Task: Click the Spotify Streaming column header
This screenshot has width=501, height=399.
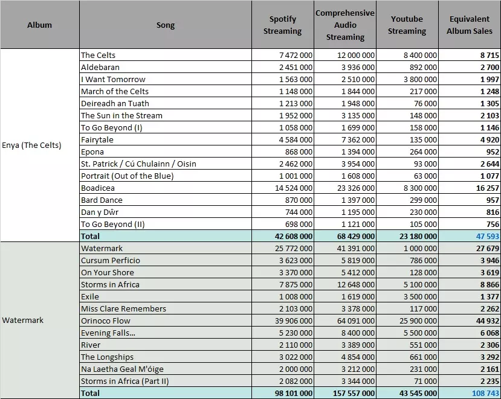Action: pos(282,25)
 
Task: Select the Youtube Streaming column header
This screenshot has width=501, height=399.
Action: pos(407,25)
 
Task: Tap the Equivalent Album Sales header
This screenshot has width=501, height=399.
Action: pos(470,25)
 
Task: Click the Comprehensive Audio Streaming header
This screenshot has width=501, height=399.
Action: pos(345,25)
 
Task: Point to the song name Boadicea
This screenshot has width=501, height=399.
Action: pos(98,188)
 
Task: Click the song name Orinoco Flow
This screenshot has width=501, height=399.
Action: pos(105,321)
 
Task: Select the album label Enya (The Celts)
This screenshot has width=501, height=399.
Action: pos(31,145)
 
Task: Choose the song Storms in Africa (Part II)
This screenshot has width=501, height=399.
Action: pos(124,381)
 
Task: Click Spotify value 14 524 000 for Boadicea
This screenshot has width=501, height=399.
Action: pos(294,188)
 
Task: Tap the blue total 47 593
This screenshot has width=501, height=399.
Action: pos(487,236)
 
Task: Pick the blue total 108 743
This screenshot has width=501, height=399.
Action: pos(485,393)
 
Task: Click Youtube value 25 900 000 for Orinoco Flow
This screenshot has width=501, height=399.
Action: pos(418,321)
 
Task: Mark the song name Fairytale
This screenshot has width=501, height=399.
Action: pos(97,140)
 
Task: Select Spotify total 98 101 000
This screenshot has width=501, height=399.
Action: pos(294,393)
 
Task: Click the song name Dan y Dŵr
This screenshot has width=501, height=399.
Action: pos(100,212)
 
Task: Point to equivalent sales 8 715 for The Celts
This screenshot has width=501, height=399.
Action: pos(490,55)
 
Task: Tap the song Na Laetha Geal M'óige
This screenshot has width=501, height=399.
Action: pos(122,369)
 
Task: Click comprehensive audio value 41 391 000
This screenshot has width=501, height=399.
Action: pos(355,248)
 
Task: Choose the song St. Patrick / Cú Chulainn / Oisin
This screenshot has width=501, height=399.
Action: pos(138,164)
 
